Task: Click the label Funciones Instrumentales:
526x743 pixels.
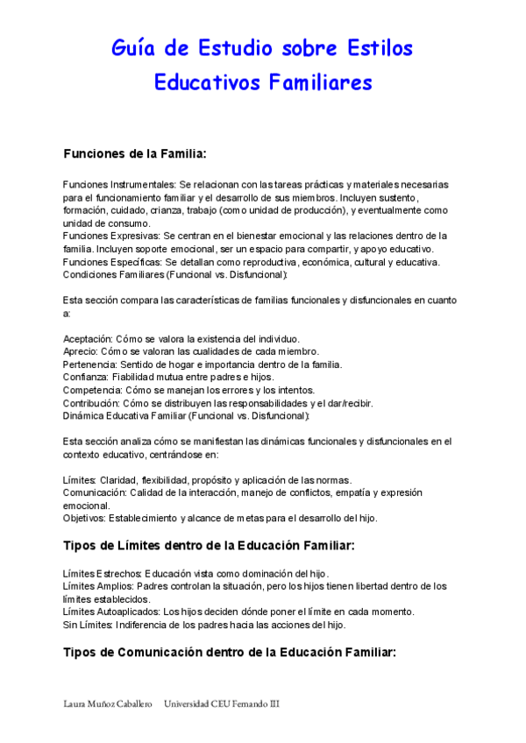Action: click(119, 185)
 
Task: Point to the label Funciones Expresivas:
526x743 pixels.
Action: click(111, 236)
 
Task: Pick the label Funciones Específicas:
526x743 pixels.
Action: click(112, 261)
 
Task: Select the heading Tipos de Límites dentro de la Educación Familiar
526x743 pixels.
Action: click(209, 546)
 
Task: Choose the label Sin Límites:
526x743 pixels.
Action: click(89, 625)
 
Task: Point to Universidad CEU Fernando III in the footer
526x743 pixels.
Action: click(222, 704)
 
